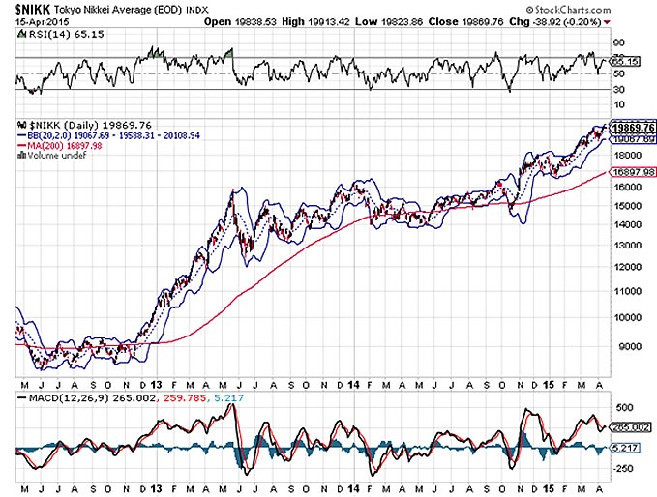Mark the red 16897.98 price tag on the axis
(632, 170)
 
